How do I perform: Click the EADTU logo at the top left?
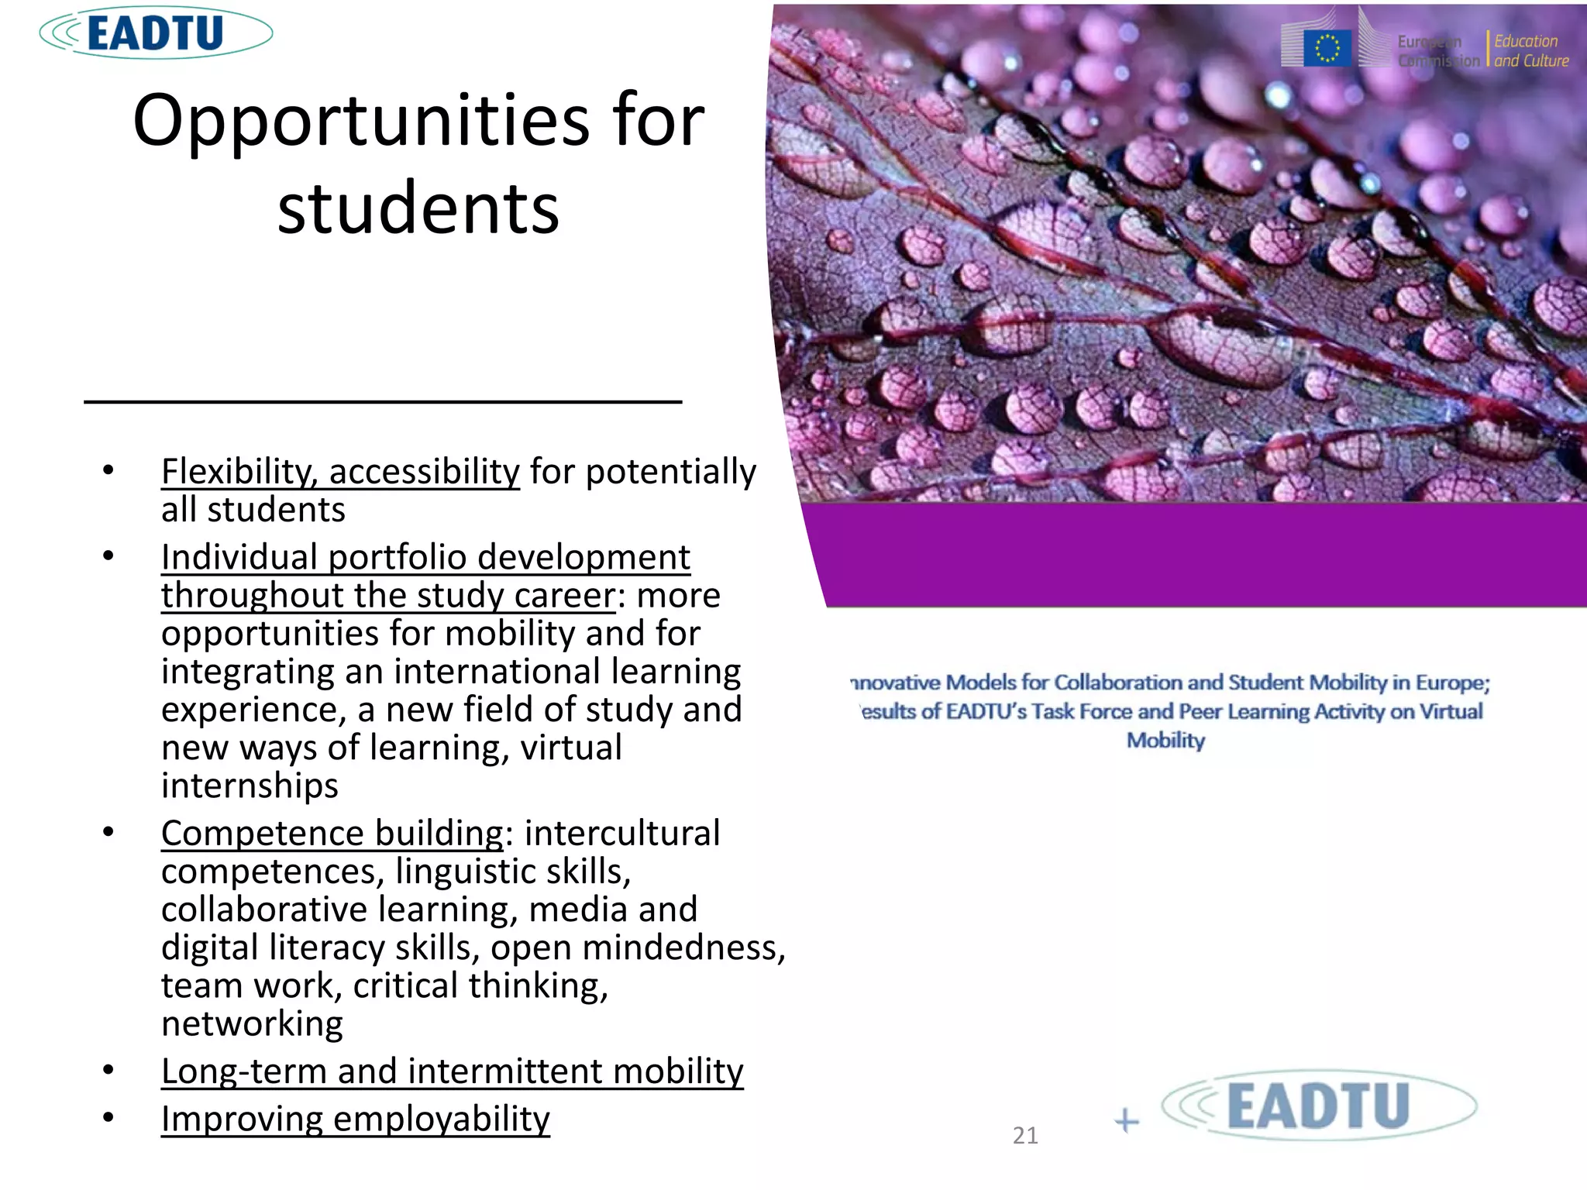[x=156, y=33]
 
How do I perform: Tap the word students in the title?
[x=418, y=208]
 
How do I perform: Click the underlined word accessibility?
[x=424, y=471]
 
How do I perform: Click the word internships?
[x=250, y=786]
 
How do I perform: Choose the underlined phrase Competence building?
[x=332, y=834]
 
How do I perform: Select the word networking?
[x=252, y=1023]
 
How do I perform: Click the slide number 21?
[x=1025, y=1136]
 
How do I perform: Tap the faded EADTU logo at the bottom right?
[x=1318, y=1106]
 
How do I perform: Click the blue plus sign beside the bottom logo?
[x=1127, y=1121]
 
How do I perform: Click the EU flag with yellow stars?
[x=1327, y=48]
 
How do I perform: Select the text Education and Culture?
[x=1530, y=51]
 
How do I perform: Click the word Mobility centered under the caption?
[x=1165, y=741]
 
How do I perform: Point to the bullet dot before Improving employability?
[x=108, y=1117]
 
